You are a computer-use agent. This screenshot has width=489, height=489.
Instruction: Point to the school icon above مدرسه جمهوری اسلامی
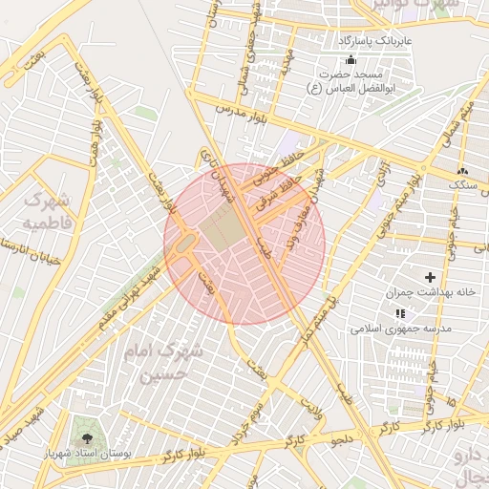(400, 312)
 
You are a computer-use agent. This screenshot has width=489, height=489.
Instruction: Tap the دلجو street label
(341, 439)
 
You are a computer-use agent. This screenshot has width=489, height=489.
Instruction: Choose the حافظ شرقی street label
(277, 186)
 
